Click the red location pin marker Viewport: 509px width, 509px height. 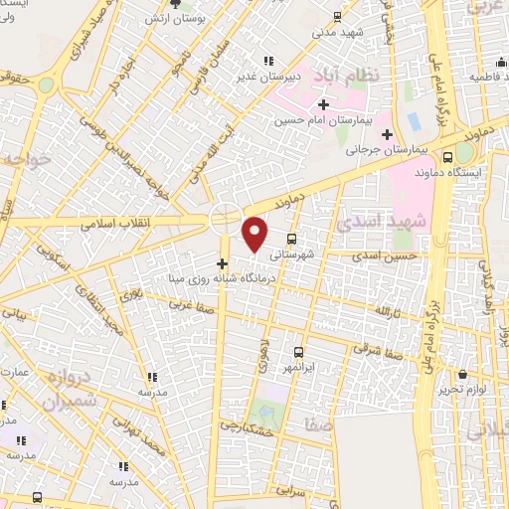coord(255,233)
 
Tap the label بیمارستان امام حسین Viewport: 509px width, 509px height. coord(317,119)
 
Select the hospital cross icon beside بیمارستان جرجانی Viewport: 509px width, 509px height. coord(388,133)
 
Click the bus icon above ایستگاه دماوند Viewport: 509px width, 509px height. coord(446,156)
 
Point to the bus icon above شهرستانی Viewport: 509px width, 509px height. coord(291,239)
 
